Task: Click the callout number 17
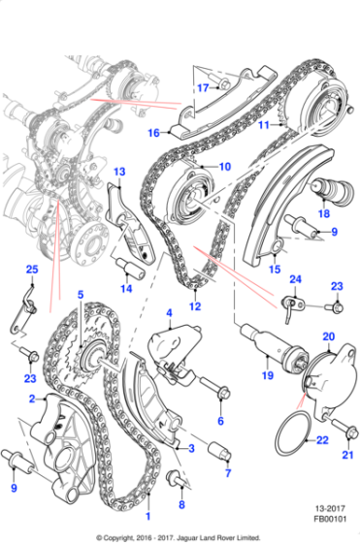[202, 87]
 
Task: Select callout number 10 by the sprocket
[224, 167]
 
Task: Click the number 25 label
[31, 269]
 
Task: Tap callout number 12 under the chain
[194, 306]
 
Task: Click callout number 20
[327, 336]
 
